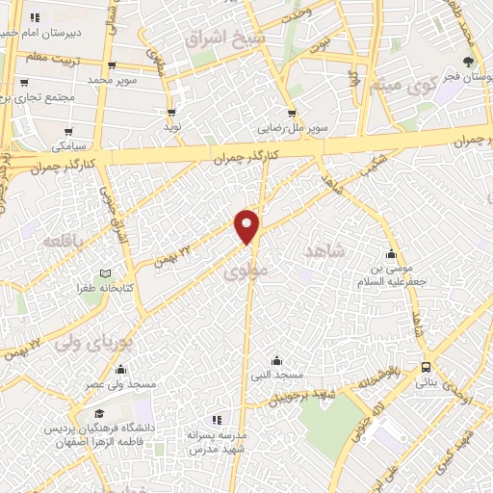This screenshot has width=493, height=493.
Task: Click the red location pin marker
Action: click(x=247, y=225)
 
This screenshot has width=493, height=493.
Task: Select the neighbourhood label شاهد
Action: click(x=324, y=250)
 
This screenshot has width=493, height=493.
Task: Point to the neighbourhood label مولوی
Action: click(x=243, y=272)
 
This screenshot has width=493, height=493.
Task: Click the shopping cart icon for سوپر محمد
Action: click(x=113, y=65)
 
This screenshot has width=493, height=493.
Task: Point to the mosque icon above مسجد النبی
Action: click(x=277, y=359)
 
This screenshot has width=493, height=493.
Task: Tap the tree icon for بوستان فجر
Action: click(x=469, y=63)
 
